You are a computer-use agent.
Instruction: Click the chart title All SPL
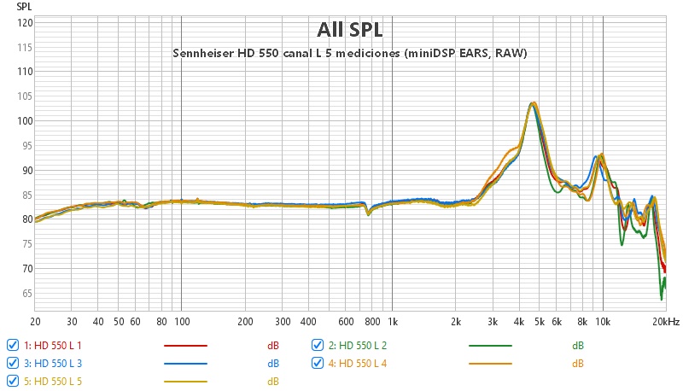pos(350,30)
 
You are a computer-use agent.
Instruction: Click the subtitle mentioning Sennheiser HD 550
pos(350,53)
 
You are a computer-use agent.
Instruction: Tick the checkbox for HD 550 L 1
pos(12,345)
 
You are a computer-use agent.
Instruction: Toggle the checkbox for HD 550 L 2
pos(318,345)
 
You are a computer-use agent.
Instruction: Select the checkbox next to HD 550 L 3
pos(12,363)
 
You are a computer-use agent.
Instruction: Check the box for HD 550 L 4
pos(318,363)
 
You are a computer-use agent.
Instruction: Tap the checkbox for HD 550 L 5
pos(12,381)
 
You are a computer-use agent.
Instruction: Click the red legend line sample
pos(185,346)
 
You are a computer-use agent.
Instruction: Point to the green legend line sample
pos(491,346)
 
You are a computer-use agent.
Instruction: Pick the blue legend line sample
pos(185,364)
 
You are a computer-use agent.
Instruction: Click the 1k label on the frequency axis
pos(393,322)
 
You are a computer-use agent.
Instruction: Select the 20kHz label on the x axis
pos(667,322)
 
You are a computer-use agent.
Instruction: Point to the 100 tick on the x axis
pos(181,322)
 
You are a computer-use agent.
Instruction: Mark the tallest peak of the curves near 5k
pos(533,103)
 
